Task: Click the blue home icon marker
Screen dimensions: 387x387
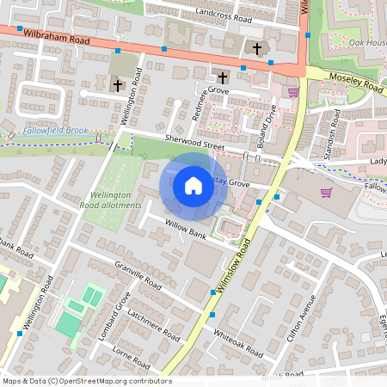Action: click(193, 186)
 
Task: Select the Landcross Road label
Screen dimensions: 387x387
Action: click(224, 15)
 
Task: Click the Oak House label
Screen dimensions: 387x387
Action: click(365, 42)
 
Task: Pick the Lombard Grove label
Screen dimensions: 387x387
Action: click(114, 316)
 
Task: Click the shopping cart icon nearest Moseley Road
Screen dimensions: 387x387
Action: click(293, 92)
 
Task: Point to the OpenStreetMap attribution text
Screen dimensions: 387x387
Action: click(87, 381)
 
